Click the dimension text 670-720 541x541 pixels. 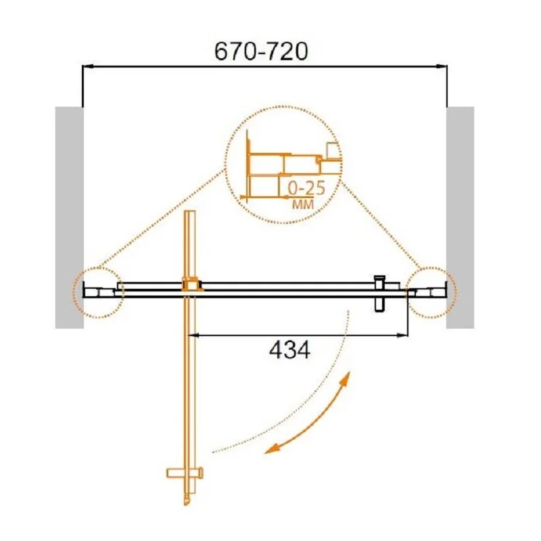click(x=260, y=51)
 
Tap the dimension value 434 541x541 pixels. click(x=289, y=350)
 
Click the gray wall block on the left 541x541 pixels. click(x=68, y=217)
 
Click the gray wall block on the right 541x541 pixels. click(x=460, y=217)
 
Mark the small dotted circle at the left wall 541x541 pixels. click(x=98, y=292)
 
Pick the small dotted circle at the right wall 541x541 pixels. click(x=431, y=292)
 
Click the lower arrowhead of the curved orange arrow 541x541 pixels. click(x=270, y=449)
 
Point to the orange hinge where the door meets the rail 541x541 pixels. click(x=190, y=286)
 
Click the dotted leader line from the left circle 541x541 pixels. click(x=162, y=220)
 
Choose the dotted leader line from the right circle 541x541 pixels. click(x=379, y=223)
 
